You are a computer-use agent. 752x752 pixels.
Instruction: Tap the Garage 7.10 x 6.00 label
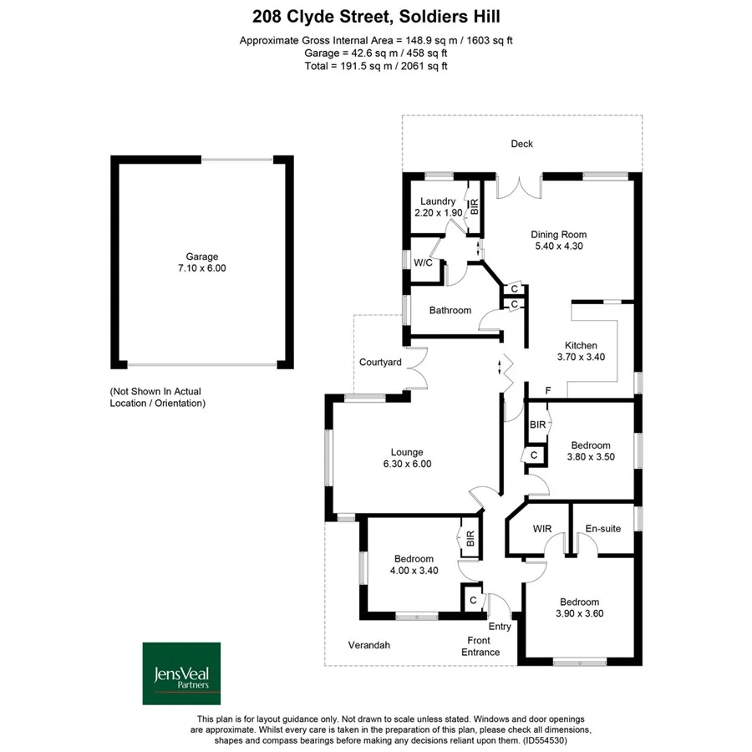pyautogui.click(x=201, y=263)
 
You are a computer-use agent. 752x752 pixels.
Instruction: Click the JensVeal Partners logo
pyautogui.click(x=181, y=673)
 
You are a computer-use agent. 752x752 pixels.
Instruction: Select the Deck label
pyautogui.click(x=521, y=144)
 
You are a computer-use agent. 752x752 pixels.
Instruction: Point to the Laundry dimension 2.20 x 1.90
pyautogui.click(x=438, y=213)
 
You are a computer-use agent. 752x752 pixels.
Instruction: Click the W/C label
pyautogui.click(x=423, y=262)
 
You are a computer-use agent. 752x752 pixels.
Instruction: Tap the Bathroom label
pyautogui.click(x=450, y=310)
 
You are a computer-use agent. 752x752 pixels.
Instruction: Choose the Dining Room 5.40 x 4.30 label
pyautogui.click(x=559, y=241)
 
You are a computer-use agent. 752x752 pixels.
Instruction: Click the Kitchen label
pyautogui.click(x=581, y=345)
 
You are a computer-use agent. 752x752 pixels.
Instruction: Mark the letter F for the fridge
pyautogui.click(x=547, y=390)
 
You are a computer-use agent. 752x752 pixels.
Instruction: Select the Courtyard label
pyautogui.click(x=380, y=363)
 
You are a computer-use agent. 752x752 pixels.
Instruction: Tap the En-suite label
pyautogui.click(x=602, y=528)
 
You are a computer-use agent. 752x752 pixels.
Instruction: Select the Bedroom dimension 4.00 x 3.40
pyautogui.click(x=414, y=571)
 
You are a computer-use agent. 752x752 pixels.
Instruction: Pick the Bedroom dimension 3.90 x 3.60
pyautogui.click(x=580, y=613)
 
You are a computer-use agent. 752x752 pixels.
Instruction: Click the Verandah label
pyautogui.click(x=368, y=645)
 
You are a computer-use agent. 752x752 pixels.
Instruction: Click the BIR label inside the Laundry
pyautogui.click(x=475, y=207)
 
